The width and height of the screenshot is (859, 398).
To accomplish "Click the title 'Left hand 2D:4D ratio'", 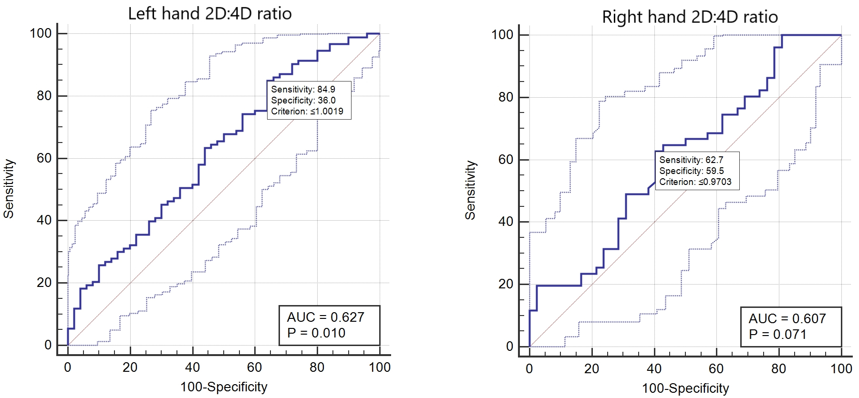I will [210, 13].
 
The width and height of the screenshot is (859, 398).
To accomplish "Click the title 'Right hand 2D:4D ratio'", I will [690, 17].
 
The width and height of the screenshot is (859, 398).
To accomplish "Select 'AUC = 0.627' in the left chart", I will [326, 317].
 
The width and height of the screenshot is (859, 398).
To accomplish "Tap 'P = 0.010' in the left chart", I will [316, 333].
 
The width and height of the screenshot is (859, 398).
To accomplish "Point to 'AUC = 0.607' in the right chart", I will [787, 318].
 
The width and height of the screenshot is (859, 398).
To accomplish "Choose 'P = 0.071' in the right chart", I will [777, 334].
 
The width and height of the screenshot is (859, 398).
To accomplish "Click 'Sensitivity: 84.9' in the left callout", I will [303, 89].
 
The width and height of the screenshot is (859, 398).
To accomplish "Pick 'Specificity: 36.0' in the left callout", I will [303, 100].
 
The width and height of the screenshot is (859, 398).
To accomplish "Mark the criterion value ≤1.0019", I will [327, 111].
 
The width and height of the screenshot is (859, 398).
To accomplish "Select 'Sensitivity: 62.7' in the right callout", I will [691, 160].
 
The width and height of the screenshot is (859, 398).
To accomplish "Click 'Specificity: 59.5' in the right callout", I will [692, 171].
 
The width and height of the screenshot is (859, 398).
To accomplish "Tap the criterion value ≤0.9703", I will [715, 182].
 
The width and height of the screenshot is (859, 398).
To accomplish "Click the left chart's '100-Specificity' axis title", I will [224, 387].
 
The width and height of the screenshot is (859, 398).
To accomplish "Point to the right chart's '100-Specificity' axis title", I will [685, 388].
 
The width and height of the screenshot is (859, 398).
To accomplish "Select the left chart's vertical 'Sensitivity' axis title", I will [9, 189].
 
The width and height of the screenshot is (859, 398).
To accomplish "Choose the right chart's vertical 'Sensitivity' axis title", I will [470, 190].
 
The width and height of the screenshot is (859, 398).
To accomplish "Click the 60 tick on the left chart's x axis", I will [255, 367].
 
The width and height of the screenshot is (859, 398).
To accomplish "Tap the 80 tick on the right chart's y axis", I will [506, 97].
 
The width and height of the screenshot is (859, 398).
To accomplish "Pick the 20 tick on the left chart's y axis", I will [44, 283].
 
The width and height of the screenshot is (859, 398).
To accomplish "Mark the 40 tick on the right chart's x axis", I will [654, 368].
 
